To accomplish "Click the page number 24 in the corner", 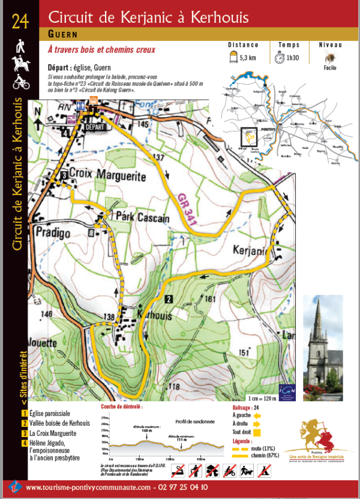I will (20, 22).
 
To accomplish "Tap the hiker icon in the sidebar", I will (20, 45).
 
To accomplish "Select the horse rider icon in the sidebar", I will (20, 62).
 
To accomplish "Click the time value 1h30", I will (293, 58).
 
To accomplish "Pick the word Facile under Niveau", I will (329, 68).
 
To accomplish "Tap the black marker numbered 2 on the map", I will (169, 299).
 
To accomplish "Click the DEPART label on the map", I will (94, 127).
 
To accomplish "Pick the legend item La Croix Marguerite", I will (53, 433).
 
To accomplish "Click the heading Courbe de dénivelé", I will (122, 407).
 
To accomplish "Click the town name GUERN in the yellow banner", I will (62, 35).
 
